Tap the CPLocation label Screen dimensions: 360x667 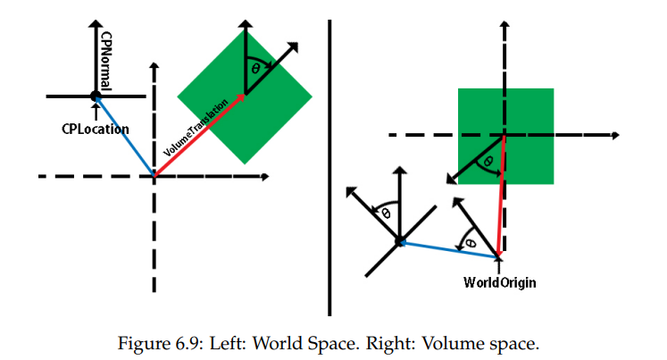96,129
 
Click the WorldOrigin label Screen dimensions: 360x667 499,283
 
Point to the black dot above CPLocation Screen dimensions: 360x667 95,96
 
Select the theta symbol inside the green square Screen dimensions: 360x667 486,162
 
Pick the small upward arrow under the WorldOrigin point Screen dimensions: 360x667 498,266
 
